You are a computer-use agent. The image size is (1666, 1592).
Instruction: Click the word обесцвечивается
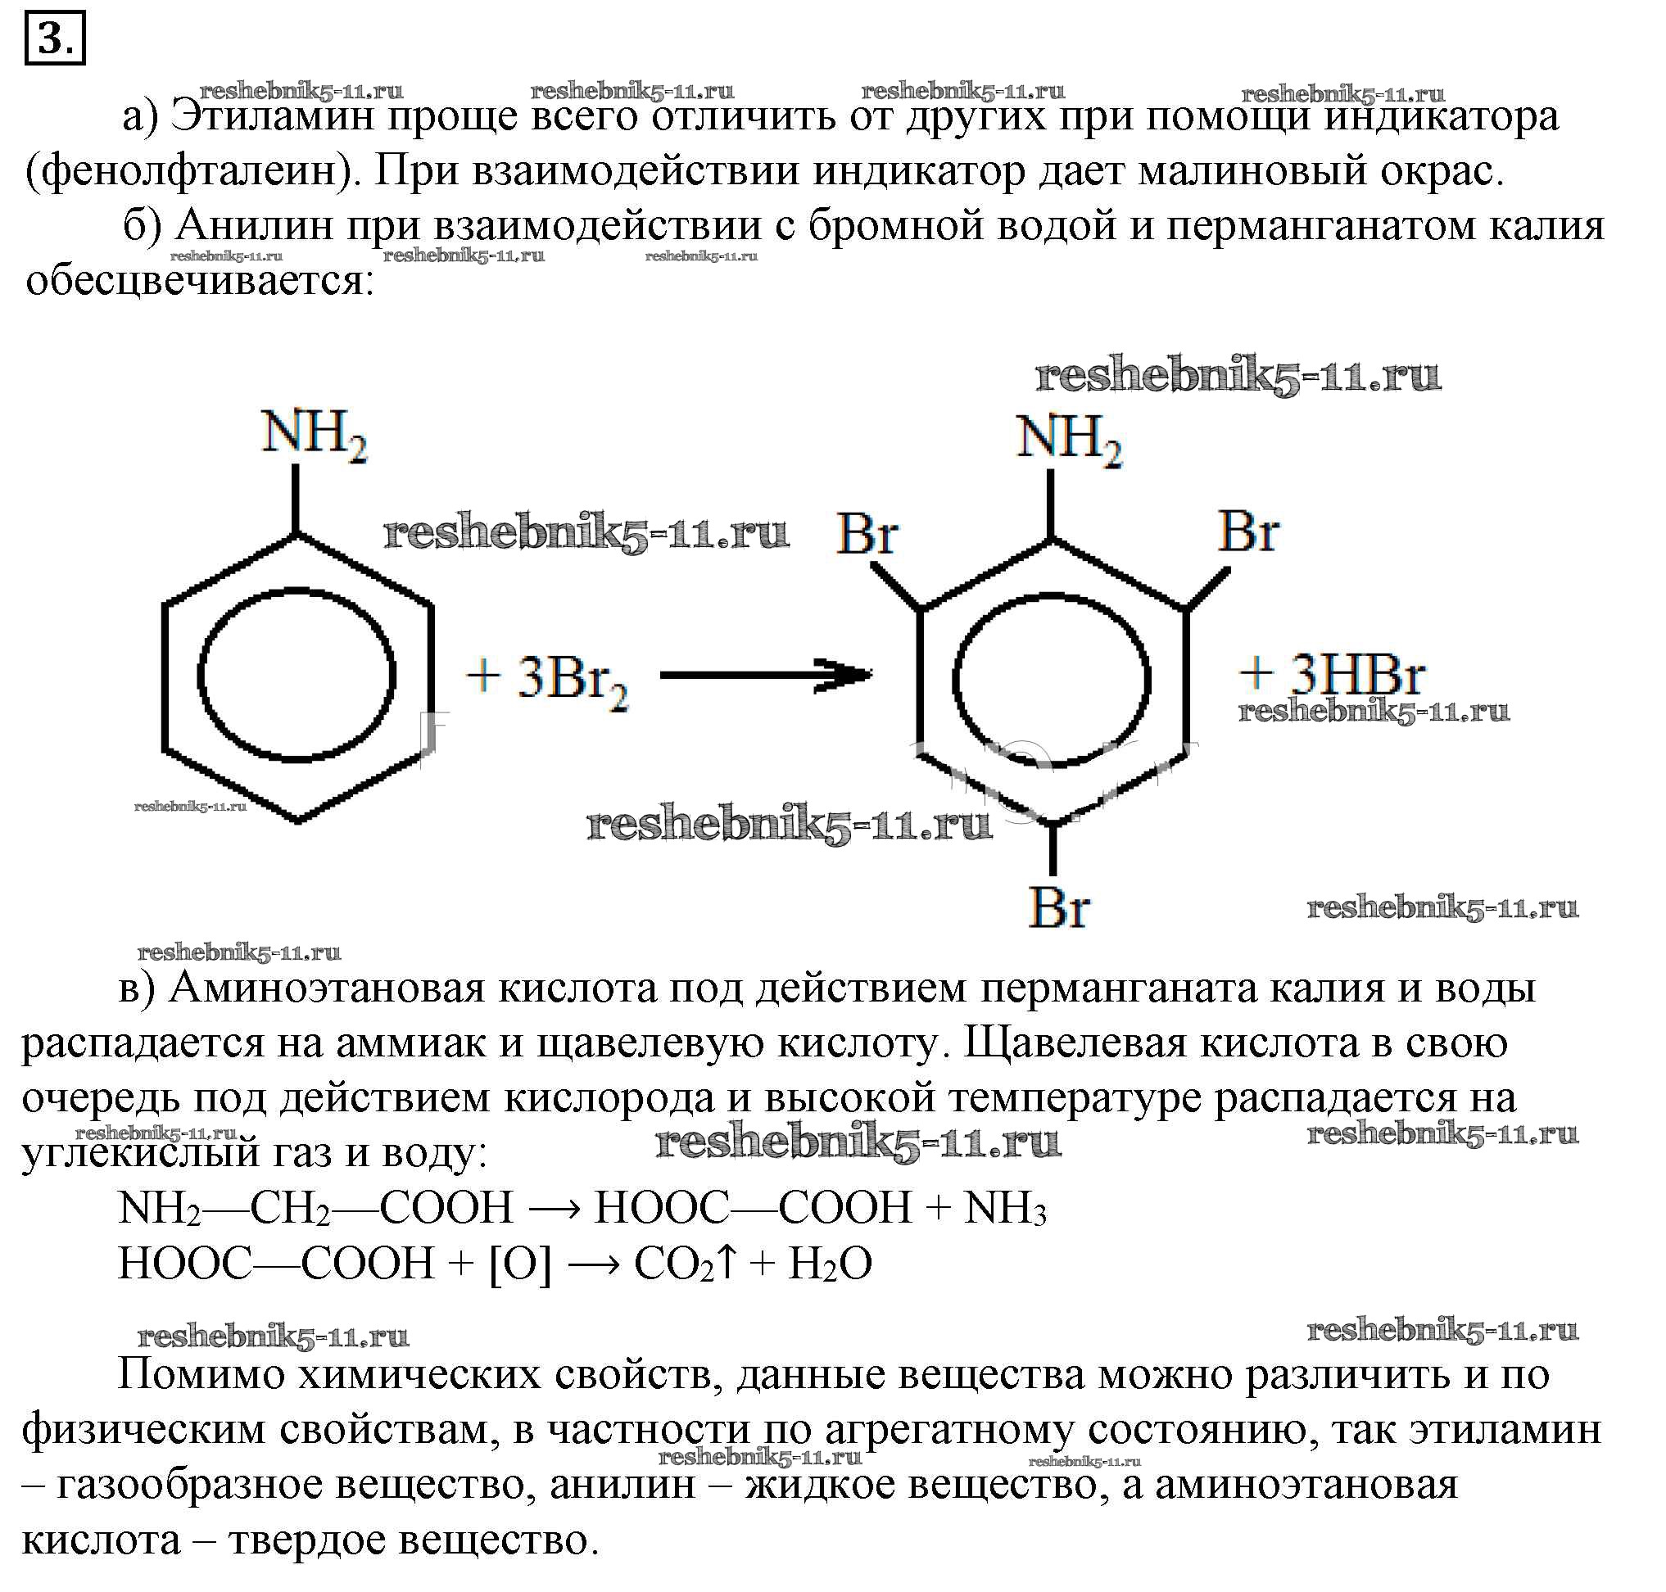coord(199,281)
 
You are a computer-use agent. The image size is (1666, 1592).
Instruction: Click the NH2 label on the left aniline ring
coord(314,436)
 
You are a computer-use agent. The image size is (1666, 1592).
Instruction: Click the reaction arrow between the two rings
coord(767,675)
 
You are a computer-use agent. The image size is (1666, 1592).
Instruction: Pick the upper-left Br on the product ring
coord(867,535)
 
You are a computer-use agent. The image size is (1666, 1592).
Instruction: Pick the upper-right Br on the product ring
coord(1248,532)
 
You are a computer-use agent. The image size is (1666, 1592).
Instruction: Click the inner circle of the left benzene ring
coord(297,676)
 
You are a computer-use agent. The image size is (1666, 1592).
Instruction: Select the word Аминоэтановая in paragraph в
coord(327,988)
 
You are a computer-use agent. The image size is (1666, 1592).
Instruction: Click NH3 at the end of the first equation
coord(1005,1208)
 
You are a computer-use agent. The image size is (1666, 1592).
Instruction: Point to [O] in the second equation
coord(520,1264)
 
